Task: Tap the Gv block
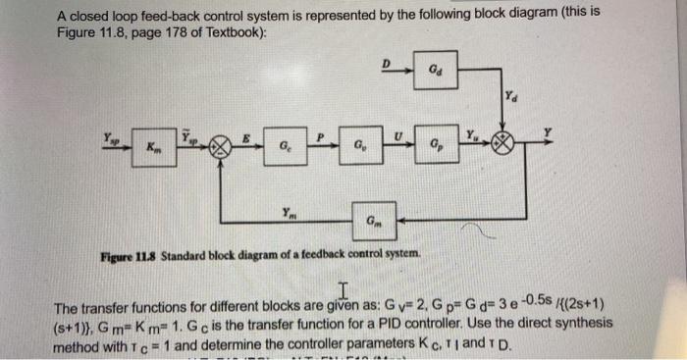[360, 146]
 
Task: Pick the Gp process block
[434, 146]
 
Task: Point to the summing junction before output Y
[503, 144]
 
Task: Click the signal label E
[245, 135]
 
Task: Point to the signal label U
[397, 130]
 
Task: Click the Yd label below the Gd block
[513, 97]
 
